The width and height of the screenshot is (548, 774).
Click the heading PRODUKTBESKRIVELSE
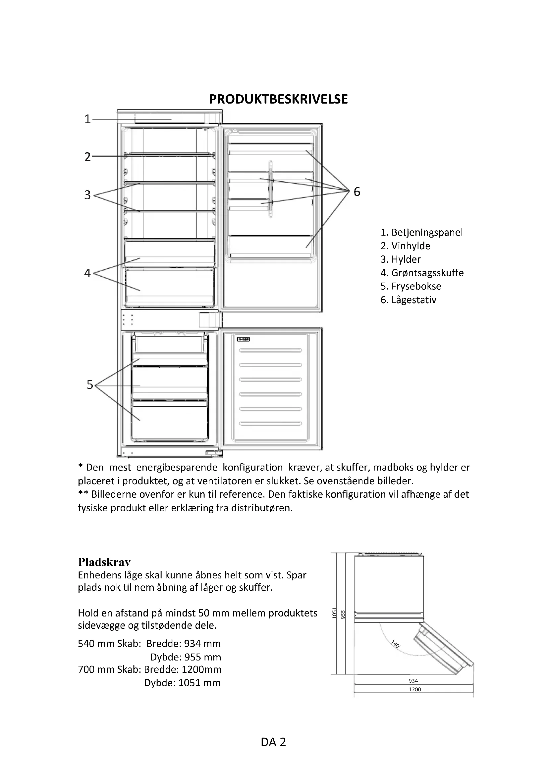[x=278, y=100]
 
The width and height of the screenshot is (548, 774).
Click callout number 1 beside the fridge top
[x=87, y=119]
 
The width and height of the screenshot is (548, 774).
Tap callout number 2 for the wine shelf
[x=87, y=157]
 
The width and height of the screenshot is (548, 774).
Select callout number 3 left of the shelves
[x=87, y=195]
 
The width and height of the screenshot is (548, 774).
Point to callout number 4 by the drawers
[x=87, y=273]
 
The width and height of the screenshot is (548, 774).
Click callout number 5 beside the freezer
[x=89, y=385]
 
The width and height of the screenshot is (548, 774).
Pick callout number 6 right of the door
[x=357, y=192]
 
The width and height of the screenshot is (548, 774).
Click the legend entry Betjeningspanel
[x=421, y=232]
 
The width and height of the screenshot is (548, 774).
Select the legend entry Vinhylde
[x=405, y=246]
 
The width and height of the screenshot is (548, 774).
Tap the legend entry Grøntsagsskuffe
[x=422, y=273]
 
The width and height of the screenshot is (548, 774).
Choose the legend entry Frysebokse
[x=411, y=286]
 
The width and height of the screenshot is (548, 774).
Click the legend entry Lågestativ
[x=408, y=300]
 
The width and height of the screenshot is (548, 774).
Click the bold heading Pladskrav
[x=104, y=562]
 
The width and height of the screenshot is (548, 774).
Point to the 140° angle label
[x=396, y=645]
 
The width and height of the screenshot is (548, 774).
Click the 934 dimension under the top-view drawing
[x=413, y=681]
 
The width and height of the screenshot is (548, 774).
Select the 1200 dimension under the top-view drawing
[x=415, y=689]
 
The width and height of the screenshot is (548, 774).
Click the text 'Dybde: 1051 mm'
[x=182, y=683]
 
